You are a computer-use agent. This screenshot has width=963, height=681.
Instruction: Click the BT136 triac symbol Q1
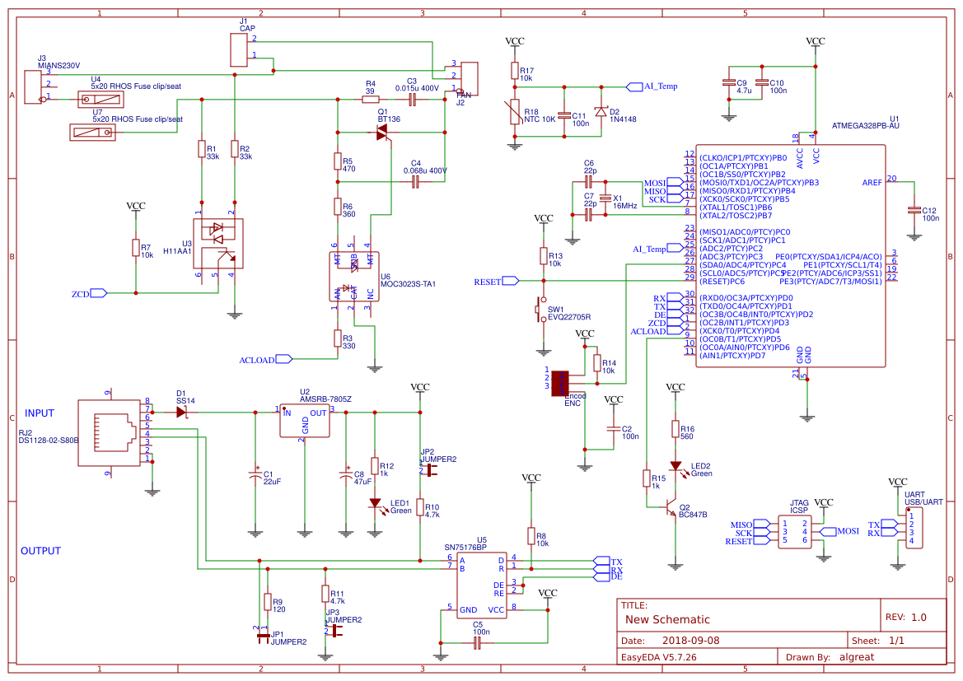(383, 133)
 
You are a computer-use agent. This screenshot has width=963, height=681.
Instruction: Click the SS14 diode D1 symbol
(182, 411)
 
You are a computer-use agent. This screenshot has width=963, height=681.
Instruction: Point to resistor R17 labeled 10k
(515, 71)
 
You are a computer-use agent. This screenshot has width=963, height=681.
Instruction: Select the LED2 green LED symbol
(676, 467)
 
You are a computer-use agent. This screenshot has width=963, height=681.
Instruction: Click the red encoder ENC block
(561, 383)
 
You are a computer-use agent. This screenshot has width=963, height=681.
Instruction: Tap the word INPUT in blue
(40, 413)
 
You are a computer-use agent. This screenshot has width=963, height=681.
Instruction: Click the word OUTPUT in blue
(41, 551)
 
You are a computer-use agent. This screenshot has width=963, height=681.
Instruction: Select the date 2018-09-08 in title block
(690, 640)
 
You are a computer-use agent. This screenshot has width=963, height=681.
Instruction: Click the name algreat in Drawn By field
(857, 656)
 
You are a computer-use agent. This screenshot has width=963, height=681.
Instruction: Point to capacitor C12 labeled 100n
(913, 210)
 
